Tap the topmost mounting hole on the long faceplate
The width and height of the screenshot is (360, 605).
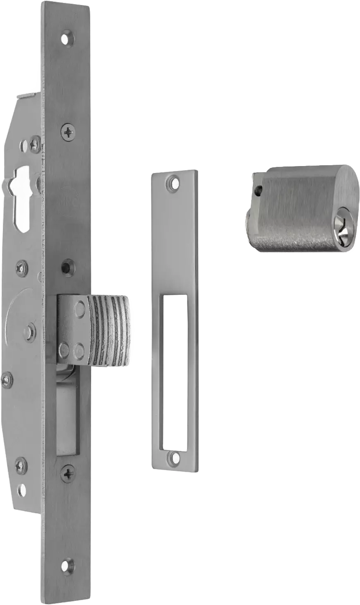tap(67, 39)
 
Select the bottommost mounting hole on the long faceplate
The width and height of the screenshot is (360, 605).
tap(67, 565)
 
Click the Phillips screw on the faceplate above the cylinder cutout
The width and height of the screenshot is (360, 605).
tap(68, 132)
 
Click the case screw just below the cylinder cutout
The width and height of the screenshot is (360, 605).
tap(21, 268)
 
